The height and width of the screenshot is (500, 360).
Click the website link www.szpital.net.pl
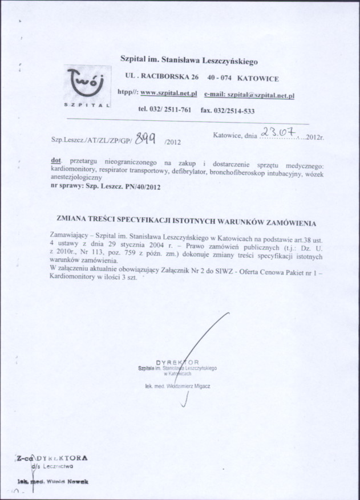[168, 92]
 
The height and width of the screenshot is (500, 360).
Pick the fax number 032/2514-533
[228, 111]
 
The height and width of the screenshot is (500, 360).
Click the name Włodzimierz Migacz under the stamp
[185, 386]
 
